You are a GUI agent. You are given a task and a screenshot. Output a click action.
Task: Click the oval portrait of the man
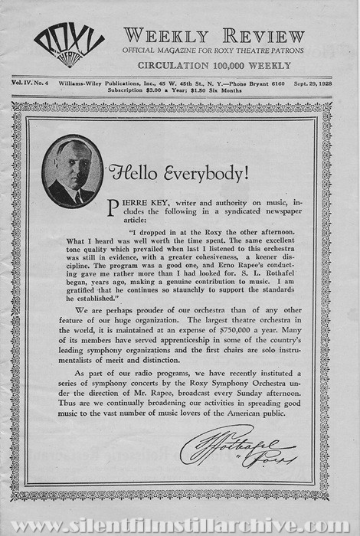pyautogui.click(x=73, y=172)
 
